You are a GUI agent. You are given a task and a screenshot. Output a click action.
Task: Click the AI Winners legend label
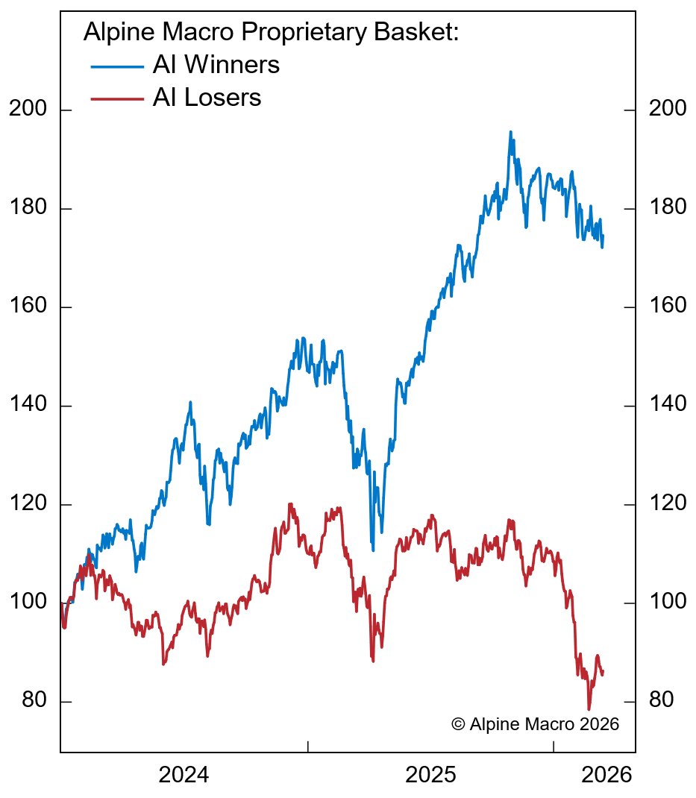pyautogui.click(x=216, y=66)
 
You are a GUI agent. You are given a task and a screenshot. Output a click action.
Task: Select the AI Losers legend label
pyautogui.click(x=207, y=98)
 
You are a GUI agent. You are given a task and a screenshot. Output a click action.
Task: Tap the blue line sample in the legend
pyautogui.click(x=117, y=66)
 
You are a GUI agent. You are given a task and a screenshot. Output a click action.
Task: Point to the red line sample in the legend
pyautogui.click(x=117, y=98)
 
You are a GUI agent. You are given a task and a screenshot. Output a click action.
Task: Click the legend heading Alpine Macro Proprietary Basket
pyautogui.click(x=270, y=33)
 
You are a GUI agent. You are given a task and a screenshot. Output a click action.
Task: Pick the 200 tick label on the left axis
pyautogui.click(x=28, y=110)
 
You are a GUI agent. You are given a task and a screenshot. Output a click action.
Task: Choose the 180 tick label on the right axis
pyautogui.click(x=668, y=208)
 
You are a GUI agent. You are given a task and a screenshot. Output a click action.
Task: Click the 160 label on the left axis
pyautogui.click(x=28, y=307)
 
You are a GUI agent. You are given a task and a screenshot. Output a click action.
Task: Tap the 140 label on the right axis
pyautogui.click(x=668, y=405)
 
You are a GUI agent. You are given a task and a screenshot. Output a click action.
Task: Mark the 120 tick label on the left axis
pyautogui.click(x=28, y=504)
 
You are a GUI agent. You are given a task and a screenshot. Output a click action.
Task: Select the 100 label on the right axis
pyautogui.click(x=668, y=603)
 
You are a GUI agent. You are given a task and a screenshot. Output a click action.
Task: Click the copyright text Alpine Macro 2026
pyautogui.click(x=535, y=724)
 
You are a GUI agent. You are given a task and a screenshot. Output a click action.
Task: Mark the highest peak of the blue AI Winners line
pyautogui.click(x=510, y=132)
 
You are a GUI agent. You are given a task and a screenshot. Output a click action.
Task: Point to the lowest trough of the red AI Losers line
pyautogui.click(x=589, y=709)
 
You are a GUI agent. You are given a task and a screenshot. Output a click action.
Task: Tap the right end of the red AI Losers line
pyautogui.click(x=603, y=672)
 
